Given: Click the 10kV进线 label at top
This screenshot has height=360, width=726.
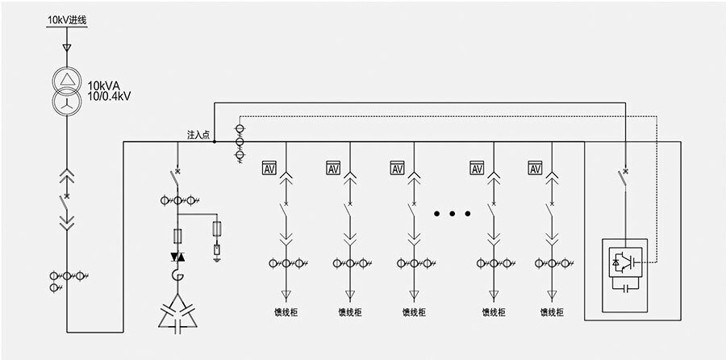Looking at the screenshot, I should (x=66, y=18).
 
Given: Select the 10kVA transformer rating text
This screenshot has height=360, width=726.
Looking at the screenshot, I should (x=105, y=85).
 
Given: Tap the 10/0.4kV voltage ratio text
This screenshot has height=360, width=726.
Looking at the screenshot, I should (x=110, y=96).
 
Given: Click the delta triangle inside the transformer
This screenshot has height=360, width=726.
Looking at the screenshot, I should (x=67, y=80).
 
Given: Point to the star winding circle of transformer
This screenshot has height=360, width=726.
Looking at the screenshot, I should (x=67, y=103).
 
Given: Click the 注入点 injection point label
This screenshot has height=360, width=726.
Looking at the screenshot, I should (x=198, y=135).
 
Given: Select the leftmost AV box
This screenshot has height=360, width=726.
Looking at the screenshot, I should (x=269, y=168).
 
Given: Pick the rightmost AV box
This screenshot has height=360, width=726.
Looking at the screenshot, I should (x=536, y=168).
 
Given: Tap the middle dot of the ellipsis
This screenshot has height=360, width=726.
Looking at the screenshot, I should (x=453, y=214).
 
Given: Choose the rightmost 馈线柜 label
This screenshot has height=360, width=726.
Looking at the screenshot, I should (x=551, y=312).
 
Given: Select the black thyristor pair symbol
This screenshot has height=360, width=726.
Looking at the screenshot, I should (x=177, y=257).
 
